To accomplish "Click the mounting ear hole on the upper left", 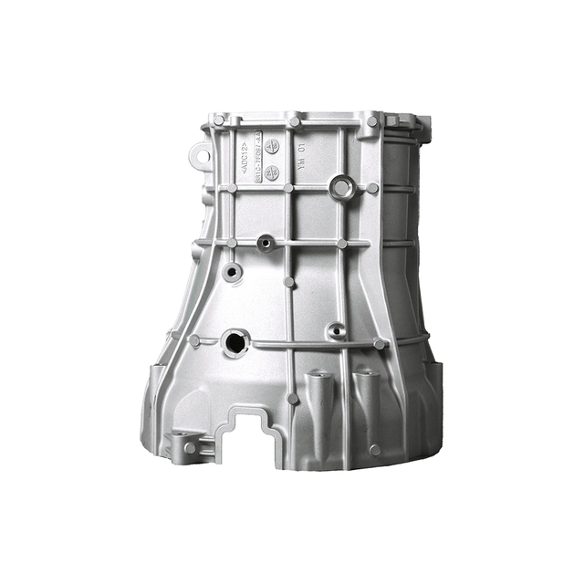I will (x=197, y=155).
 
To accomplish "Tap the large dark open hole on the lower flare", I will (x=234, y=344).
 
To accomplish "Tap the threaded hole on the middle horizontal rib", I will (x=266, y=243).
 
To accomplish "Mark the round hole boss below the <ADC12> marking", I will (x=233, y=271).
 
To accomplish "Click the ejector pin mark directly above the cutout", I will (x=293, y=399).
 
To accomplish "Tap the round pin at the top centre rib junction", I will (x=294, y=120).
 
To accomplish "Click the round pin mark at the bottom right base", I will (x=375, y=449).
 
